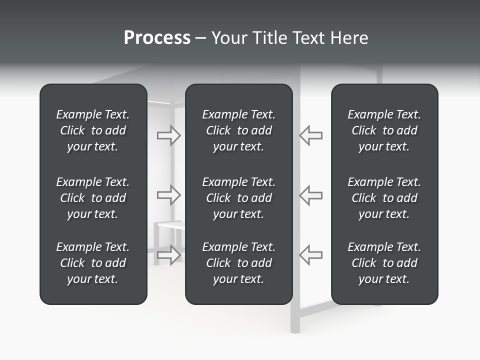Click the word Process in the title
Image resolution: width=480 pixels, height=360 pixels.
click(x=157, y=38)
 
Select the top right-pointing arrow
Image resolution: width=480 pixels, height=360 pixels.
click(x=169, y=135)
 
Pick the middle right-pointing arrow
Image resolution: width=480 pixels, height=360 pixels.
click(x=169, y=195)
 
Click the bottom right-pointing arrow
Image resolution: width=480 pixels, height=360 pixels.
click(x=169, y=254)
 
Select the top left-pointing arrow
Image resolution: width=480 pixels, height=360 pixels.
click(x=310, y=135)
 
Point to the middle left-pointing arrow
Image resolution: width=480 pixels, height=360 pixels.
click(x=310, y=195)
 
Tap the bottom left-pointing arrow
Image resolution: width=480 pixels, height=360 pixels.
click(x=310, y=254)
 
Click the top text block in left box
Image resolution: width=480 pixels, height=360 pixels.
click(x=93, y=130)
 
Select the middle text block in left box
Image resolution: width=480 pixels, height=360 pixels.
click(x=93, y=198)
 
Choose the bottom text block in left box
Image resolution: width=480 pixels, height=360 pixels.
click(x=93, y=263)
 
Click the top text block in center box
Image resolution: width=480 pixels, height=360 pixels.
click(x=238, y=130)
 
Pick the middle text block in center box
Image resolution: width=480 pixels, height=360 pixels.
click(x=238, y=198)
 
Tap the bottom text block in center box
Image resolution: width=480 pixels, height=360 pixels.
click(x=238, y=263)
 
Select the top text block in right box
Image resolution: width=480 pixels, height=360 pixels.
click(x=384, y=130)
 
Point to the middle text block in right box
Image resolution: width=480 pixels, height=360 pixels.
click(x=384, y=198)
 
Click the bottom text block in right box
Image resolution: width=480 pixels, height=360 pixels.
click(x=384, y=263)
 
